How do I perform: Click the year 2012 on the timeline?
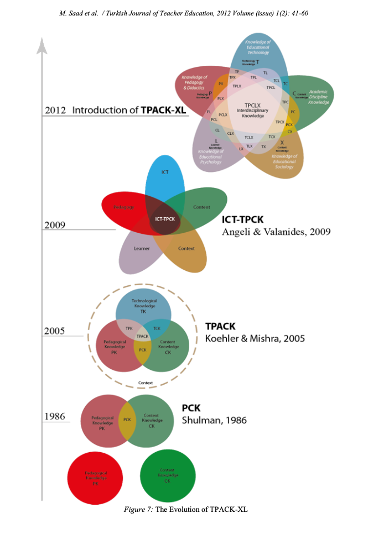pos(55,110)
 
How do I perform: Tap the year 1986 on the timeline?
pos(55,416)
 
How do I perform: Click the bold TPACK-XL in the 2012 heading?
pos(163,110)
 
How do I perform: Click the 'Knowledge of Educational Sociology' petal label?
pos(284,161)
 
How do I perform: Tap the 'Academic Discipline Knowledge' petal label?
pos(318,97)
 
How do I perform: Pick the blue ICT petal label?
pos(164,172)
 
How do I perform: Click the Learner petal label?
pos(142,248)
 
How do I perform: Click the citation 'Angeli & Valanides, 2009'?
pos(276,232)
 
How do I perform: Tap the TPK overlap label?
pos(129,328)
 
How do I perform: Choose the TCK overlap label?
pos(157,328)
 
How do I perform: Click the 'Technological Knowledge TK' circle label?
pos(144,306)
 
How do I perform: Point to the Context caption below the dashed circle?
pos(145,382)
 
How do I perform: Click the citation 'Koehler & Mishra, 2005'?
pos(255,338)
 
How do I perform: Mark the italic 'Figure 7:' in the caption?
pos(138,509)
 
